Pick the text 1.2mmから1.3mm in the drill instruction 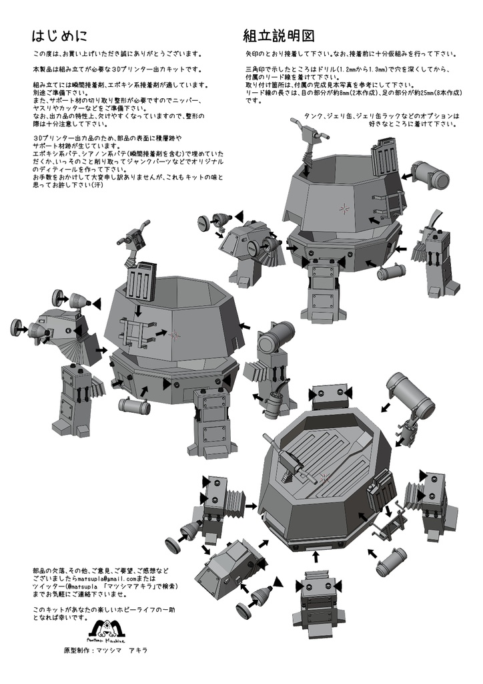pos(360,69)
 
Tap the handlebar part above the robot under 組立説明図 pos(310,129)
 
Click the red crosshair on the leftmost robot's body pos(175,333)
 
